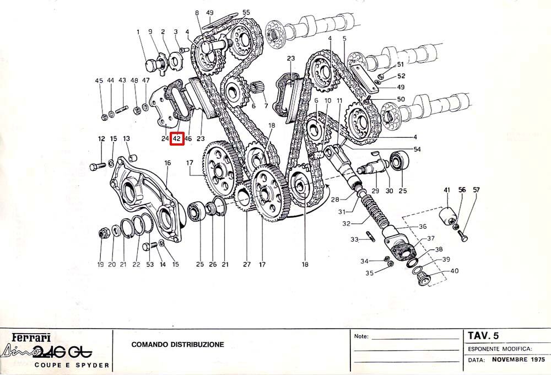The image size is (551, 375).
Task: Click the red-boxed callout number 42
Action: point(176,138)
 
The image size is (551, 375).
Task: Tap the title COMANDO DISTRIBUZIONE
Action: point(177,345)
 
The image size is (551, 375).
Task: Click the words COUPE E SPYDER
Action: point(71,365)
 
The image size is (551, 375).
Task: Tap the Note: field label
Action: point(360,335)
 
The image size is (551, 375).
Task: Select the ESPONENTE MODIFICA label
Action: point(499,349)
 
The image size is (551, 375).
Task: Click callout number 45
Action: point(99,81)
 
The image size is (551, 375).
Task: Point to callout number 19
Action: point(101,265)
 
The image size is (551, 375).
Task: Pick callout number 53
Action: point(150,265)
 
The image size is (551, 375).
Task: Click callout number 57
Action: point(476,190)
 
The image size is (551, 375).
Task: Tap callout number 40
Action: point(454,271)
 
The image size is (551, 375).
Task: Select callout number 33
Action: point(355,239)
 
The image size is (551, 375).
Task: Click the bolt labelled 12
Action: point(98,166)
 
